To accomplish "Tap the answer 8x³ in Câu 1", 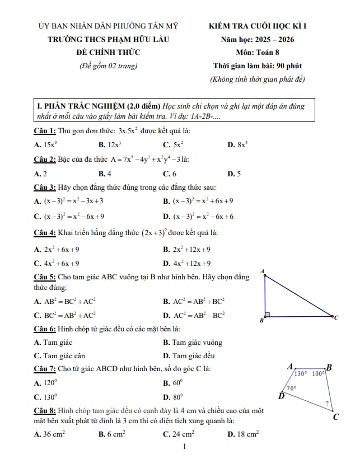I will [238, 144].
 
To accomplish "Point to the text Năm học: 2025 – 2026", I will [258, 39].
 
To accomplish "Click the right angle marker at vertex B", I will [268, 315].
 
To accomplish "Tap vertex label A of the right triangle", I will [263, 271].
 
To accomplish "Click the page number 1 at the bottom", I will [184, 447].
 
